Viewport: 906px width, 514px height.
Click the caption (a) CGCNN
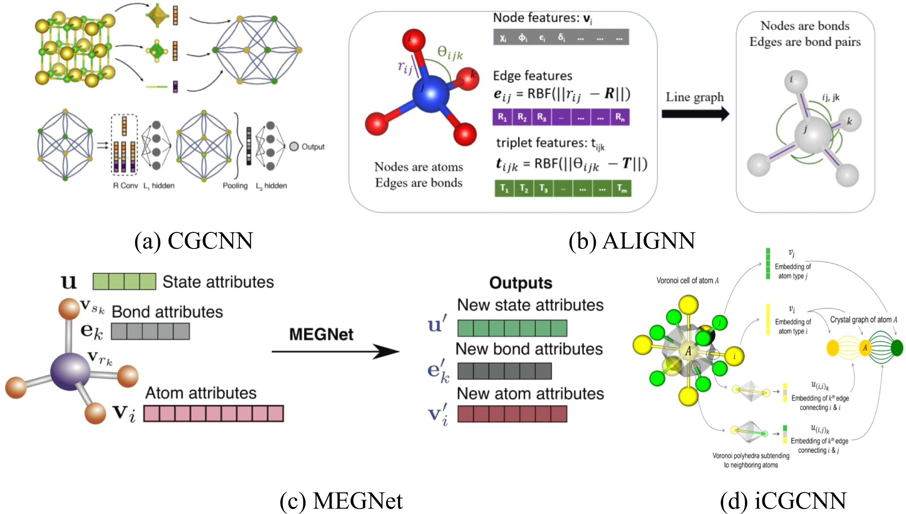(x=194, y=241)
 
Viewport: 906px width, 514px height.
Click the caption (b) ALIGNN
(x=632, y=241)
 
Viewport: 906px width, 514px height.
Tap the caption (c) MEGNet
(x=341, y=501)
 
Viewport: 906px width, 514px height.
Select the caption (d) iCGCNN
(x=783, y=501)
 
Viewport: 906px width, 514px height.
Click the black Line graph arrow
(x=695, y=114)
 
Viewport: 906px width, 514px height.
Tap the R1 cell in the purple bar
(x=502, y=117)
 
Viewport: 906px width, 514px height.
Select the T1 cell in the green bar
(x=504, y=188)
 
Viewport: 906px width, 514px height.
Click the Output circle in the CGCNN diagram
(x=294, y=147)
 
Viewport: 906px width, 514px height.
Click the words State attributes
(x=218, y=282)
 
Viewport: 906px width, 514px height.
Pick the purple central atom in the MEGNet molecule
(x=70, y=372)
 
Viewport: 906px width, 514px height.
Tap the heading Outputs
(x=520, y=283)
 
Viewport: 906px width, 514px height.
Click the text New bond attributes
(x=529, y=349)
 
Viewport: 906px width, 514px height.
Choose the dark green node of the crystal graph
(x=897, y=348)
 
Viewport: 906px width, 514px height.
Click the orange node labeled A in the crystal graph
(x=865, y=348)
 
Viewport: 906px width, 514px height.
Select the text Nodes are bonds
(x=805, y=26)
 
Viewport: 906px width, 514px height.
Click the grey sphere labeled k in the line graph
(x=849, y=121)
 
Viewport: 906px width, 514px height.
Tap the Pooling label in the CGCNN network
(x=235, y=185)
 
